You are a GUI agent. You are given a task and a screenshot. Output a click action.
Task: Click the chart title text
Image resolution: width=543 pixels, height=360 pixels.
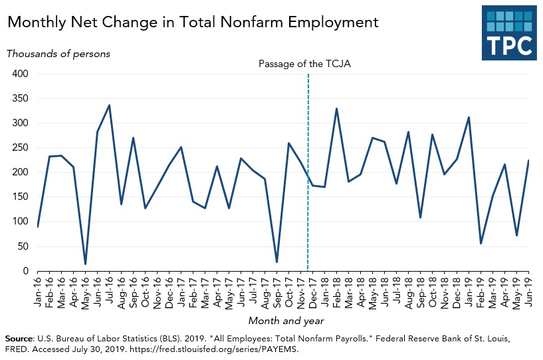point(193,23)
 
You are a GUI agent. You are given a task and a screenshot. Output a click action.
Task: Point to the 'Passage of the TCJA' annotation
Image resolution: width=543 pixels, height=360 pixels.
point(304,64)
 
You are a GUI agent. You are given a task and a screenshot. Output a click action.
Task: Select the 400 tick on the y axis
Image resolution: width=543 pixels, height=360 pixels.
point(21,74)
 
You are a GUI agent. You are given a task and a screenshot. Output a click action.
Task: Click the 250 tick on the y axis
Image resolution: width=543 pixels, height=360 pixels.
point(21,147)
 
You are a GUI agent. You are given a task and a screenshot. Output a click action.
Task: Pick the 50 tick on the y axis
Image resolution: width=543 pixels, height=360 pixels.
point(24,246)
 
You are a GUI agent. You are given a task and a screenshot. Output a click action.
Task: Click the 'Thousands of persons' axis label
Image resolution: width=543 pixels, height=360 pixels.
point(58,53)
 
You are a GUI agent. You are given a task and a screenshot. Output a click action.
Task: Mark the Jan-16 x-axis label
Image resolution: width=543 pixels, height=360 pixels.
point(37,288)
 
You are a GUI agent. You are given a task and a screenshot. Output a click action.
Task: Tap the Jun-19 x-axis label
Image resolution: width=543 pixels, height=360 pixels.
point(529,288)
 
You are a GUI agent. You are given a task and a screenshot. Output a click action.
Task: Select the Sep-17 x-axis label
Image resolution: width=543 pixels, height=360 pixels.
point(278,288)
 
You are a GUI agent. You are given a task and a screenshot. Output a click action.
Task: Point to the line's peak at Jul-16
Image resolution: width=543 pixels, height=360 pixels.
point(110,105)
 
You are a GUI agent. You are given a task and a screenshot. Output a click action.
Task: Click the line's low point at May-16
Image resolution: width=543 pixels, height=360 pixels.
point(86,264)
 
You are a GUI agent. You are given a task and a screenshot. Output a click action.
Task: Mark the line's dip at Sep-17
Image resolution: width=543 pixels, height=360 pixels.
point(277,262)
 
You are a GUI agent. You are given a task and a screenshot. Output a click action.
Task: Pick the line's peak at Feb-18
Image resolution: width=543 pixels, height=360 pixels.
point(337,108)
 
